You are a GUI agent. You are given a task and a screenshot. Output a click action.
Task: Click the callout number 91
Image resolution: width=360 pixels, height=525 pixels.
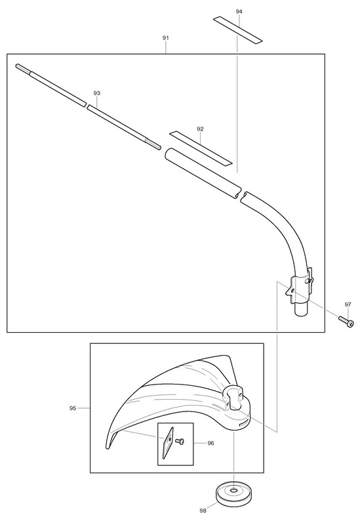[166, 38]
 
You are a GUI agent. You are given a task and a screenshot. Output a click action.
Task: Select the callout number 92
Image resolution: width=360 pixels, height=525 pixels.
[201, 129]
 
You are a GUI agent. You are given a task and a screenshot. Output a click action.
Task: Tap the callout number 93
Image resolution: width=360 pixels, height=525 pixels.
[96, 93]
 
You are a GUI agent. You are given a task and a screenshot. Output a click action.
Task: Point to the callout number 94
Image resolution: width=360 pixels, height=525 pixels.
[239, 11]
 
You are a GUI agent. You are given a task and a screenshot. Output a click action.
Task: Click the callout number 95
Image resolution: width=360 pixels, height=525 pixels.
[73, 408]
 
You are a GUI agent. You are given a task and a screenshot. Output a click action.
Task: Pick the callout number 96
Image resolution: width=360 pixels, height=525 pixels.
[210, 443]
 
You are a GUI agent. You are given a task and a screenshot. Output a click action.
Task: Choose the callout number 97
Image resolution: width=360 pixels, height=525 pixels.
[348, 304]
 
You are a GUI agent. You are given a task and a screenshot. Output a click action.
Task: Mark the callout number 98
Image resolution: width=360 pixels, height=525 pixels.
[203, 511]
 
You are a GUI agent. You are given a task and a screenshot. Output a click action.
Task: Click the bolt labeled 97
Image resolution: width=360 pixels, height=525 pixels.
[346, 322]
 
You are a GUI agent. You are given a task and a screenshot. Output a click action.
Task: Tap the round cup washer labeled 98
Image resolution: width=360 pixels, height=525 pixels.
[233, 494]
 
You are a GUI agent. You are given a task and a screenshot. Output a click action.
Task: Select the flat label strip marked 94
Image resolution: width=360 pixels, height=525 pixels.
[238, 30]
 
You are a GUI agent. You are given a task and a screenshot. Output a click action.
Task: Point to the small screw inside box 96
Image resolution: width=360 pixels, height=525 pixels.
[180, 441]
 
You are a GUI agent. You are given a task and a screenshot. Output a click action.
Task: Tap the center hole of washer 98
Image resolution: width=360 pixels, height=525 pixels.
[233, 490]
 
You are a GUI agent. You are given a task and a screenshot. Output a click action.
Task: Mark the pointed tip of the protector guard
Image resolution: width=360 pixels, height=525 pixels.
[108, 446]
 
